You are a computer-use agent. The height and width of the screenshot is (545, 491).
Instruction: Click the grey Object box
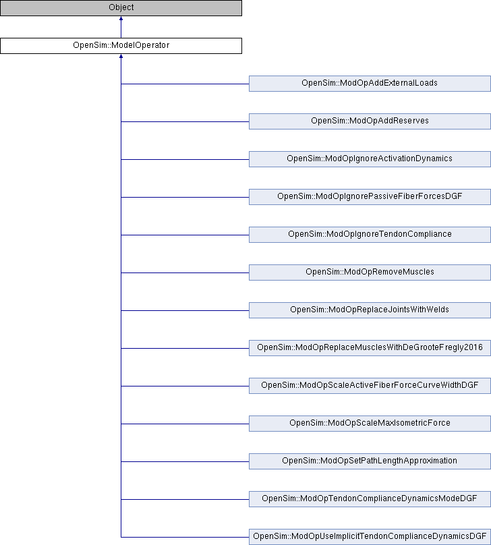121,7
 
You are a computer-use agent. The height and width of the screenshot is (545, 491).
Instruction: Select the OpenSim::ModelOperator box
121,46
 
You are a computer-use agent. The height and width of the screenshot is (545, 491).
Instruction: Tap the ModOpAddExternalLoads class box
370,84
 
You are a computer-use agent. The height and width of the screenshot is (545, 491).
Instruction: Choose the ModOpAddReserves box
370,121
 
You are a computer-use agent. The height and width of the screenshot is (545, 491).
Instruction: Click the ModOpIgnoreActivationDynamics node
370,159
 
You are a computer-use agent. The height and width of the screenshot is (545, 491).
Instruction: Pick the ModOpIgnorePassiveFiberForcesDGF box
370,197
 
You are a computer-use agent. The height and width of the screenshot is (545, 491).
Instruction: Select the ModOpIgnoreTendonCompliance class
370,235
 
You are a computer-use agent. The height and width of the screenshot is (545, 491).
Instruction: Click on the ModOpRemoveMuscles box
370,272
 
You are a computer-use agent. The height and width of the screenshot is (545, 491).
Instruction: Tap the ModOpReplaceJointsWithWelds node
370,310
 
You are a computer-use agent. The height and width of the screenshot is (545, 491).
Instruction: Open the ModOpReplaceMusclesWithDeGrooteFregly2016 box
370,348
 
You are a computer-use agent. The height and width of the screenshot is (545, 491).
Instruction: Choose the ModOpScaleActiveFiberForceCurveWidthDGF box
370,386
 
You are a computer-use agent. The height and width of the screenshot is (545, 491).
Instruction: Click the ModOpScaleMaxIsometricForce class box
370,424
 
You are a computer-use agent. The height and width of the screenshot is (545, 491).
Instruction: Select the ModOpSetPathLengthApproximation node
370,461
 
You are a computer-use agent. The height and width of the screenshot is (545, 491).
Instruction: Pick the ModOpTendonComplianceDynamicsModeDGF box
370,499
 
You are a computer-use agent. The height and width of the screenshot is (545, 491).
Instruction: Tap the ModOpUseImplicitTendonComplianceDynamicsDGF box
370,537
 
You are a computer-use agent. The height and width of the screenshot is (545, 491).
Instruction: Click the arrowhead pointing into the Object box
121,18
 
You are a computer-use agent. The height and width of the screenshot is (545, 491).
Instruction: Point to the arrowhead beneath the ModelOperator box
121,56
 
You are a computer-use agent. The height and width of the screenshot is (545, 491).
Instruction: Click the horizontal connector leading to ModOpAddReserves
185,121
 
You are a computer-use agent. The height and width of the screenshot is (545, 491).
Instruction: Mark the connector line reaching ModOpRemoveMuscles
185,273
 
